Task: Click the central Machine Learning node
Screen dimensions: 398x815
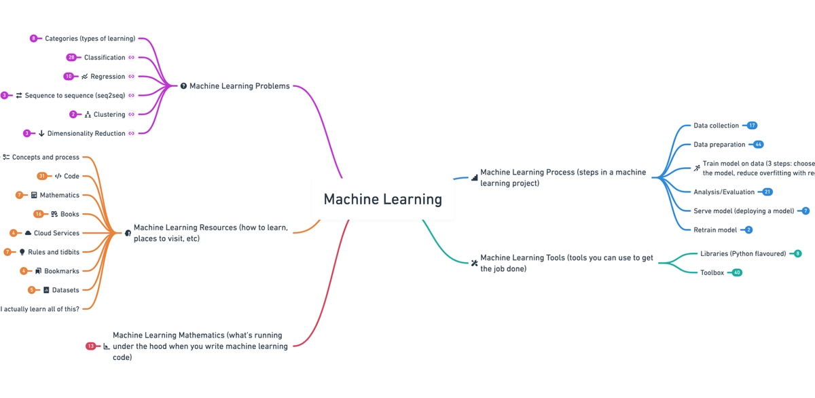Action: pos(382,200)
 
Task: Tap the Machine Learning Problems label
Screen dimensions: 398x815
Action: pos(239,86)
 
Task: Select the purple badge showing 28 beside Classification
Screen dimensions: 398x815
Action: pos(71,58)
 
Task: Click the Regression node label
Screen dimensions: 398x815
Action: pos(108,77)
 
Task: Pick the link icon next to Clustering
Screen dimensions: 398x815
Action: pos(132,115)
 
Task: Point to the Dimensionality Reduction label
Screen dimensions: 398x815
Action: pos(86,134)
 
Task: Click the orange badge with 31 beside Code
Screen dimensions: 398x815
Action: pos(42,176)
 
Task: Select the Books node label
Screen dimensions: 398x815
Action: pos(70,214)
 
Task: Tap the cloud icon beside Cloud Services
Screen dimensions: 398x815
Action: pos(28,233)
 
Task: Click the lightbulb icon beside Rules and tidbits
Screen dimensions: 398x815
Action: pos(22,252)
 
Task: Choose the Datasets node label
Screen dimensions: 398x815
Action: pos(65,290)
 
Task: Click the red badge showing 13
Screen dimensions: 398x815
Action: pos(90,346)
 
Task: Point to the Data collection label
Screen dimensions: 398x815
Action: pos(716,126)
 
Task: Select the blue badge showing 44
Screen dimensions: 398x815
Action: pos(758,145)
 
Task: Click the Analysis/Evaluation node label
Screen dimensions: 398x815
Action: pos(724,192)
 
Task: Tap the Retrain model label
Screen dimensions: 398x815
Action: pos(714,230)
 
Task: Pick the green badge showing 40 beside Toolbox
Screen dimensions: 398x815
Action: pos(737,272)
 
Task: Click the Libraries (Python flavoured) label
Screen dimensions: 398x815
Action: pos(743,254)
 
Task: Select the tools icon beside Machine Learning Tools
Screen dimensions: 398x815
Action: pos(474,263)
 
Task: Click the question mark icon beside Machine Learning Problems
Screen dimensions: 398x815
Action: pos(183,86)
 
